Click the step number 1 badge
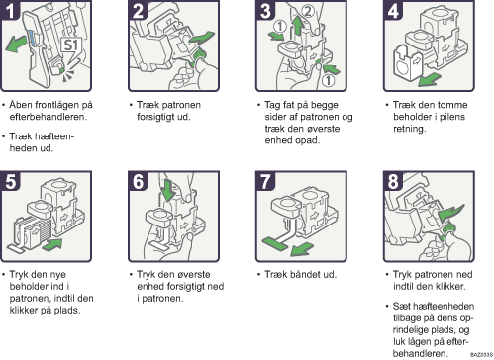point(10,10)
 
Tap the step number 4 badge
point(393,10)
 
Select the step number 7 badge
point(265,181)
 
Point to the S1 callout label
point(70,45)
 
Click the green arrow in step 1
point(16,45)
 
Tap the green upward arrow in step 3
point(298,26)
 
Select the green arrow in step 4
point(429,80)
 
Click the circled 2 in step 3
point(307,11)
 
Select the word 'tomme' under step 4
point(454,105)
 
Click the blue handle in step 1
point(32,39)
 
